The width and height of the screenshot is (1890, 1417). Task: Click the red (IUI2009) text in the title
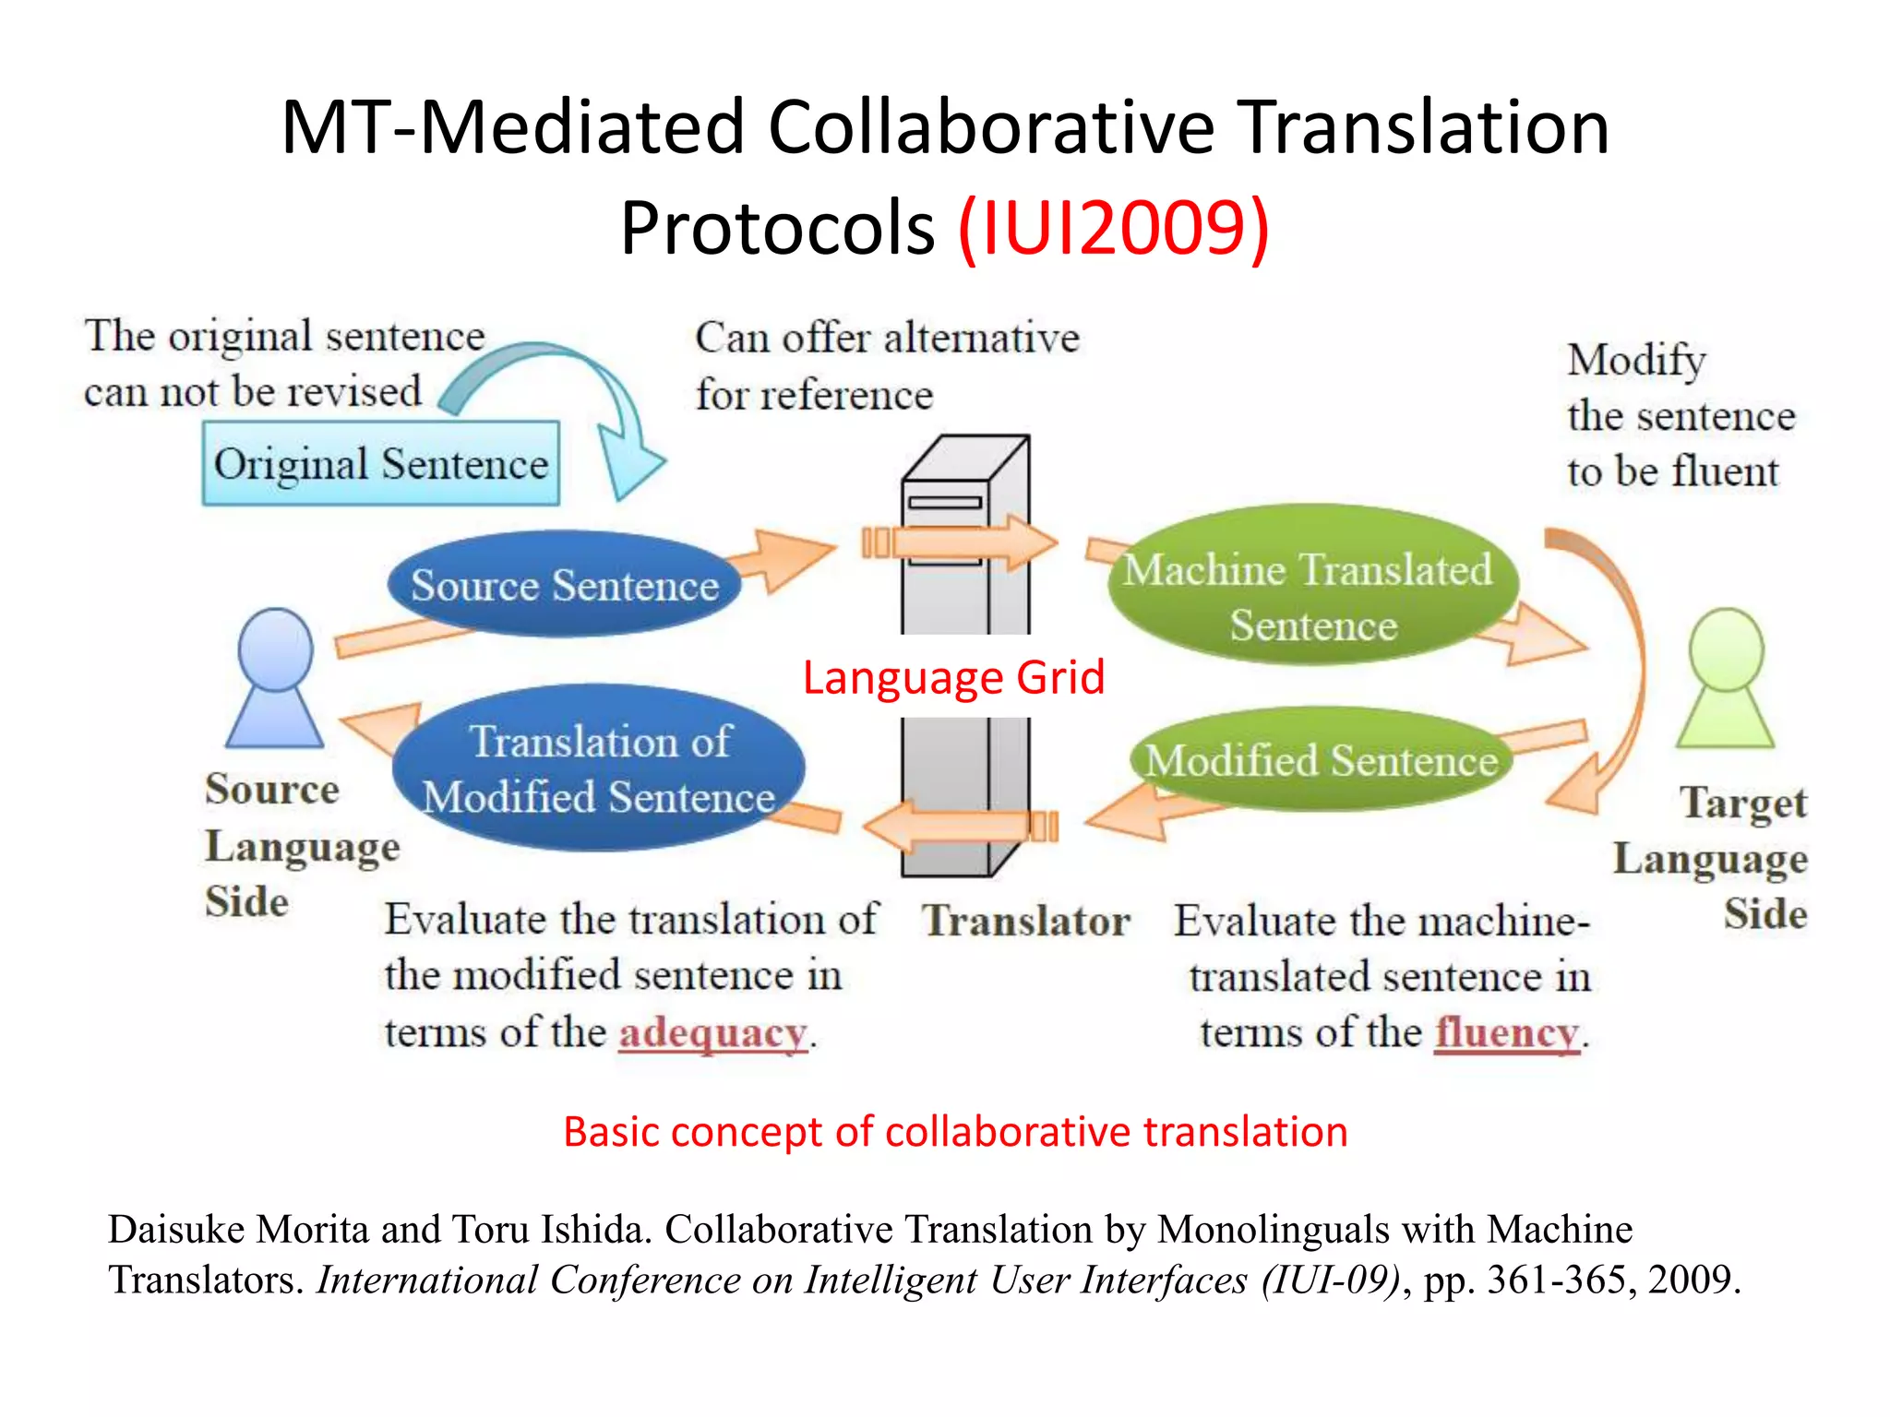click(1114, 228)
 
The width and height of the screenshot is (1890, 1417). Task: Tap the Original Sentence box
click(380, 463)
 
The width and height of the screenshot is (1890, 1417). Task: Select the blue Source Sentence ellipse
click(564, 585)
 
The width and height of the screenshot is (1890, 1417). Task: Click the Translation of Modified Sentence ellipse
click(598, 768)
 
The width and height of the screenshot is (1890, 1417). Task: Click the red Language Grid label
click(953, 677)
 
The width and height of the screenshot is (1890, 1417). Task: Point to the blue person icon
click(275, 679)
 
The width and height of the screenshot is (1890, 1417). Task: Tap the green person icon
click(1726, 679)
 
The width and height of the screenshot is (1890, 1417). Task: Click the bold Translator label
click(1026, 921)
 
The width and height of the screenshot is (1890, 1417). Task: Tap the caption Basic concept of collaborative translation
click(955, 1132)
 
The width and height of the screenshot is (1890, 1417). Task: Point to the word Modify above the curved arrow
click(1636, 360)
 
